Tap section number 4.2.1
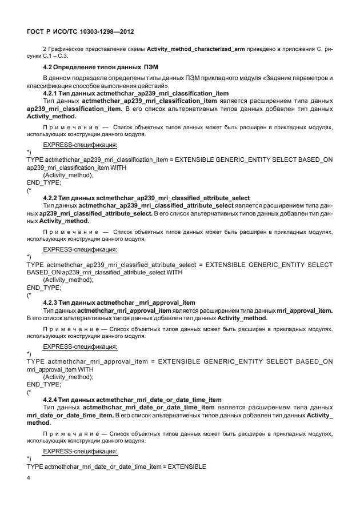point(52,93)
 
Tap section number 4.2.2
point(52,197)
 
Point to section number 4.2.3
point(52,302)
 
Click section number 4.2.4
point(52,399)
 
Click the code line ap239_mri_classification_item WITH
point(77,168)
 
